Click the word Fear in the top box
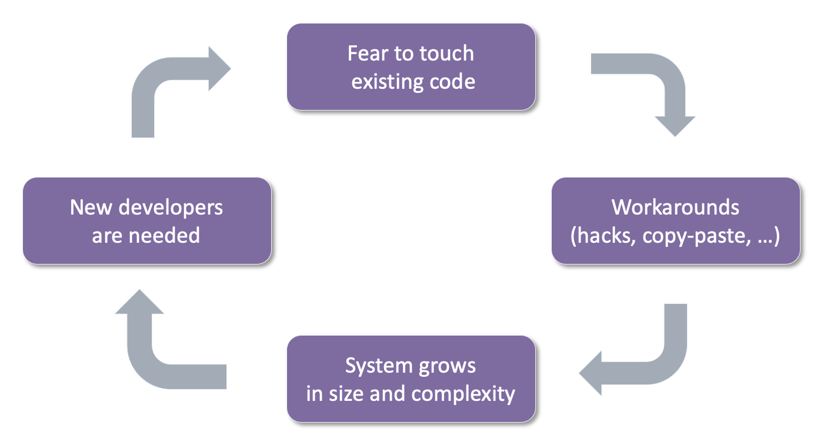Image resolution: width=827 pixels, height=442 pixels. (x=368, y=53)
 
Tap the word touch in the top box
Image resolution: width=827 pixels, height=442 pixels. (x=446, y=53)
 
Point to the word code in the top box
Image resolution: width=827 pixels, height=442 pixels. (x=452, y=82)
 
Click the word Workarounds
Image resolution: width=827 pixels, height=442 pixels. (x=675, y=207)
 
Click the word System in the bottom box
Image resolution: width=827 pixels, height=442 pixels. (x=379, y=366)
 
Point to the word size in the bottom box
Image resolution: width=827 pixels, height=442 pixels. (x=346, y=394)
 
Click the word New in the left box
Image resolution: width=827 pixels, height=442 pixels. (x=91, y=207)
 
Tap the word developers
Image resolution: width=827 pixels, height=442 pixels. (x=171, y=208)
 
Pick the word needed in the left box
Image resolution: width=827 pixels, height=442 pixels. (x=164, y=236)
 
